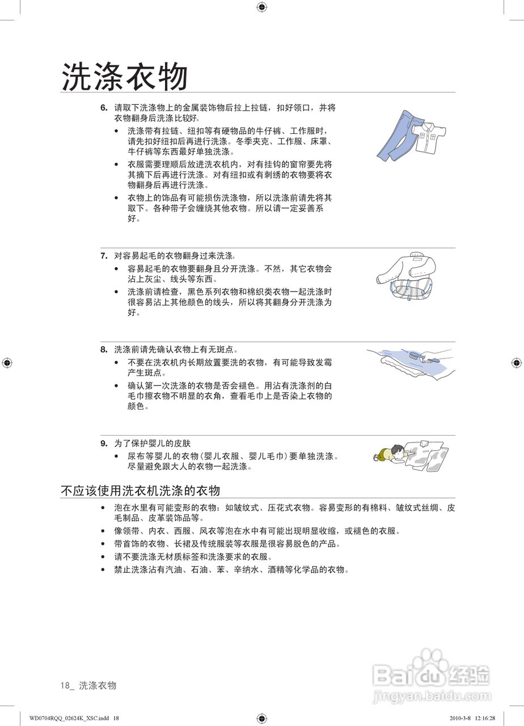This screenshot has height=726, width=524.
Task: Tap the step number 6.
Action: [104, 107]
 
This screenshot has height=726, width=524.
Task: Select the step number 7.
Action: [104, 256]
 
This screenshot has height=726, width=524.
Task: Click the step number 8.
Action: [104, 350]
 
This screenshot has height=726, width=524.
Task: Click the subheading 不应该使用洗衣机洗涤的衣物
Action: [140, 491]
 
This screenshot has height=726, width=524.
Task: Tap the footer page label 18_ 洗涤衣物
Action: [88, 686]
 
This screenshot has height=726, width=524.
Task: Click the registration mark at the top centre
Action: [261, 7]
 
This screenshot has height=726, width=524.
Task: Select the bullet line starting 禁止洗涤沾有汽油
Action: [231, 570]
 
